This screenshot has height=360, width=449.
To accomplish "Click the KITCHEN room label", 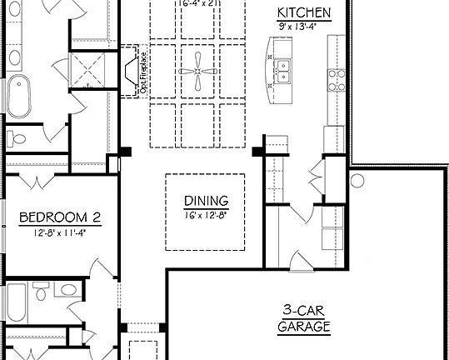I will point(304,12).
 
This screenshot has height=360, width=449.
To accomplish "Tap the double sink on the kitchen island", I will point(283,72).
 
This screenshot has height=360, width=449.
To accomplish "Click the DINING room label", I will point(204,201).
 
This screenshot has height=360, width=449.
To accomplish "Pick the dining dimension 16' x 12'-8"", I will point(204,214).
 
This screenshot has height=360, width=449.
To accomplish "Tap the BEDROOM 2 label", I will point(60,217).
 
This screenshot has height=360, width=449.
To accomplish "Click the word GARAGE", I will point(304,327).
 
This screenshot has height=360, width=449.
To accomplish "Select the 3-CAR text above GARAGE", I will point(304,311).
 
